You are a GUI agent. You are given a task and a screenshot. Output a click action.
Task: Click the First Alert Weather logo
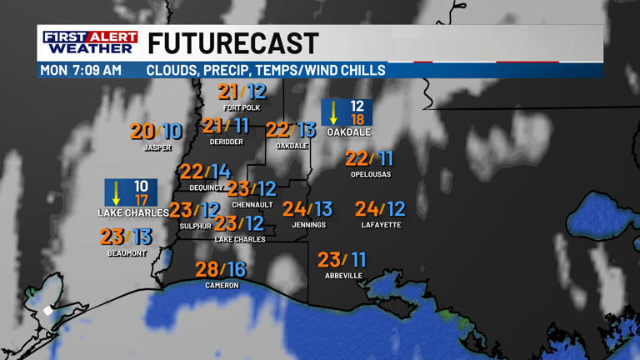click(x=90, y=42)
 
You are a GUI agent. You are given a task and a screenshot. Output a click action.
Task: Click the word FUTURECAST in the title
click(x=233, y=43)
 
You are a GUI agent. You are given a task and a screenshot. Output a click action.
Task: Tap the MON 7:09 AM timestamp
click(x=81, y=70)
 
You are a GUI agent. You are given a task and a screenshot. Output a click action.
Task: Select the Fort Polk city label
click(x=242, y=108)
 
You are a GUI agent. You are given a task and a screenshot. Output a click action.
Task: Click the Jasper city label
click(x=157, y=148)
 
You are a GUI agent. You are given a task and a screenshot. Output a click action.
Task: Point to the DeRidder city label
click(x=227, y=142)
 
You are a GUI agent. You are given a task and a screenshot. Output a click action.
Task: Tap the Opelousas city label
click(x=371, y=175)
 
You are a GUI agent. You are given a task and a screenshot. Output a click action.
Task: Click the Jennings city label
click(x=308, y=225)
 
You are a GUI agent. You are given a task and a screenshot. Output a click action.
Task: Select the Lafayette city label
click(x=381, y=225)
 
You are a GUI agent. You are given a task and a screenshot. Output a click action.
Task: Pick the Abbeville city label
click(x=343, y=276)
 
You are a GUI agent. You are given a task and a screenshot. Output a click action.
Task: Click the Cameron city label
click(x=222, y=286)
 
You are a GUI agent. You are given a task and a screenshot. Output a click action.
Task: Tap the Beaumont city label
click(x=127, y=253)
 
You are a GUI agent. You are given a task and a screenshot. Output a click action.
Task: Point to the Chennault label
click(x=252, y=205)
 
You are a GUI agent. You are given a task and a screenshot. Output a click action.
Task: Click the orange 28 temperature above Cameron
click(x=207, y=269)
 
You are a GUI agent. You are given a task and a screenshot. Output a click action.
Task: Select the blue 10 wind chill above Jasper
click(x=172, y=132)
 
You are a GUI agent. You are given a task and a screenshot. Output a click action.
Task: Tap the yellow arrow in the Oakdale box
click(x=334, y=112)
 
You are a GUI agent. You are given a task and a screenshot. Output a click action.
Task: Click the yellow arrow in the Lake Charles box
click(x=117, y=192)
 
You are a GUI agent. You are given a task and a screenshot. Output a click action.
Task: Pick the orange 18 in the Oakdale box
click(x=357, y=120)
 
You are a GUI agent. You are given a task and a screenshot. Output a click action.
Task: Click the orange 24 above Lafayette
click(x=367, y=209)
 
